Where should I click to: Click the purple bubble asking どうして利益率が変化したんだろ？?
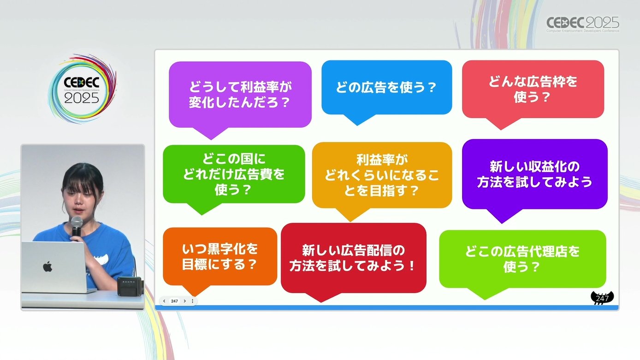click(240, 95)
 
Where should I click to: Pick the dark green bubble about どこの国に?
click(234, 174)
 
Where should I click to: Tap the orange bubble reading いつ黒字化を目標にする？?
click(220, 257)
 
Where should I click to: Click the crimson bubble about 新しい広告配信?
click(353, 258)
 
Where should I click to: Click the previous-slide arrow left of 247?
click(164, 301)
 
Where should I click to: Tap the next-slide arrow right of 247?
click(185, 301)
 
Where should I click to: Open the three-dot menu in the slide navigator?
click(193, 301)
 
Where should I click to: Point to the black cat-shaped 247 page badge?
click(602, 298)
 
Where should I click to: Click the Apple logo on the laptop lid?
click(47, 266)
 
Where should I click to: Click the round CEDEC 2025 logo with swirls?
click(82, 89)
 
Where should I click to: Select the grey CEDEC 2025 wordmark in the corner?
click(583, 24)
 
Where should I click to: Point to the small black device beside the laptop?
click(129, 286)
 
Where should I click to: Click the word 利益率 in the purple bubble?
click(260, 87)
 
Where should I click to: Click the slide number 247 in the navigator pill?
click(174, 301)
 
